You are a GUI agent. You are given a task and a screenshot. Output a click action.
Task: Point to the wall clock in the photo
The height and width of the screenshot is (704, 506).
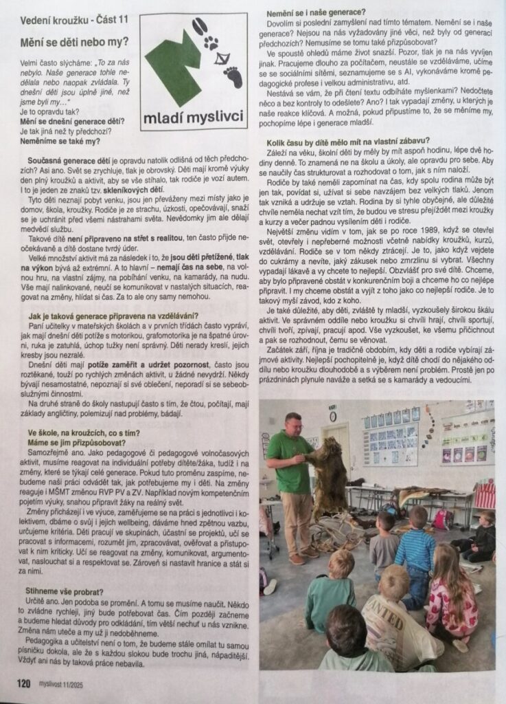(332, 416)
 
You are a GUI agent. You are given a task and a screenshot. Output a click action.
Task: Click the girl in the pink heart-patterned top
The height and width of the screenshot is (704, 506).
(452, 598)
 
